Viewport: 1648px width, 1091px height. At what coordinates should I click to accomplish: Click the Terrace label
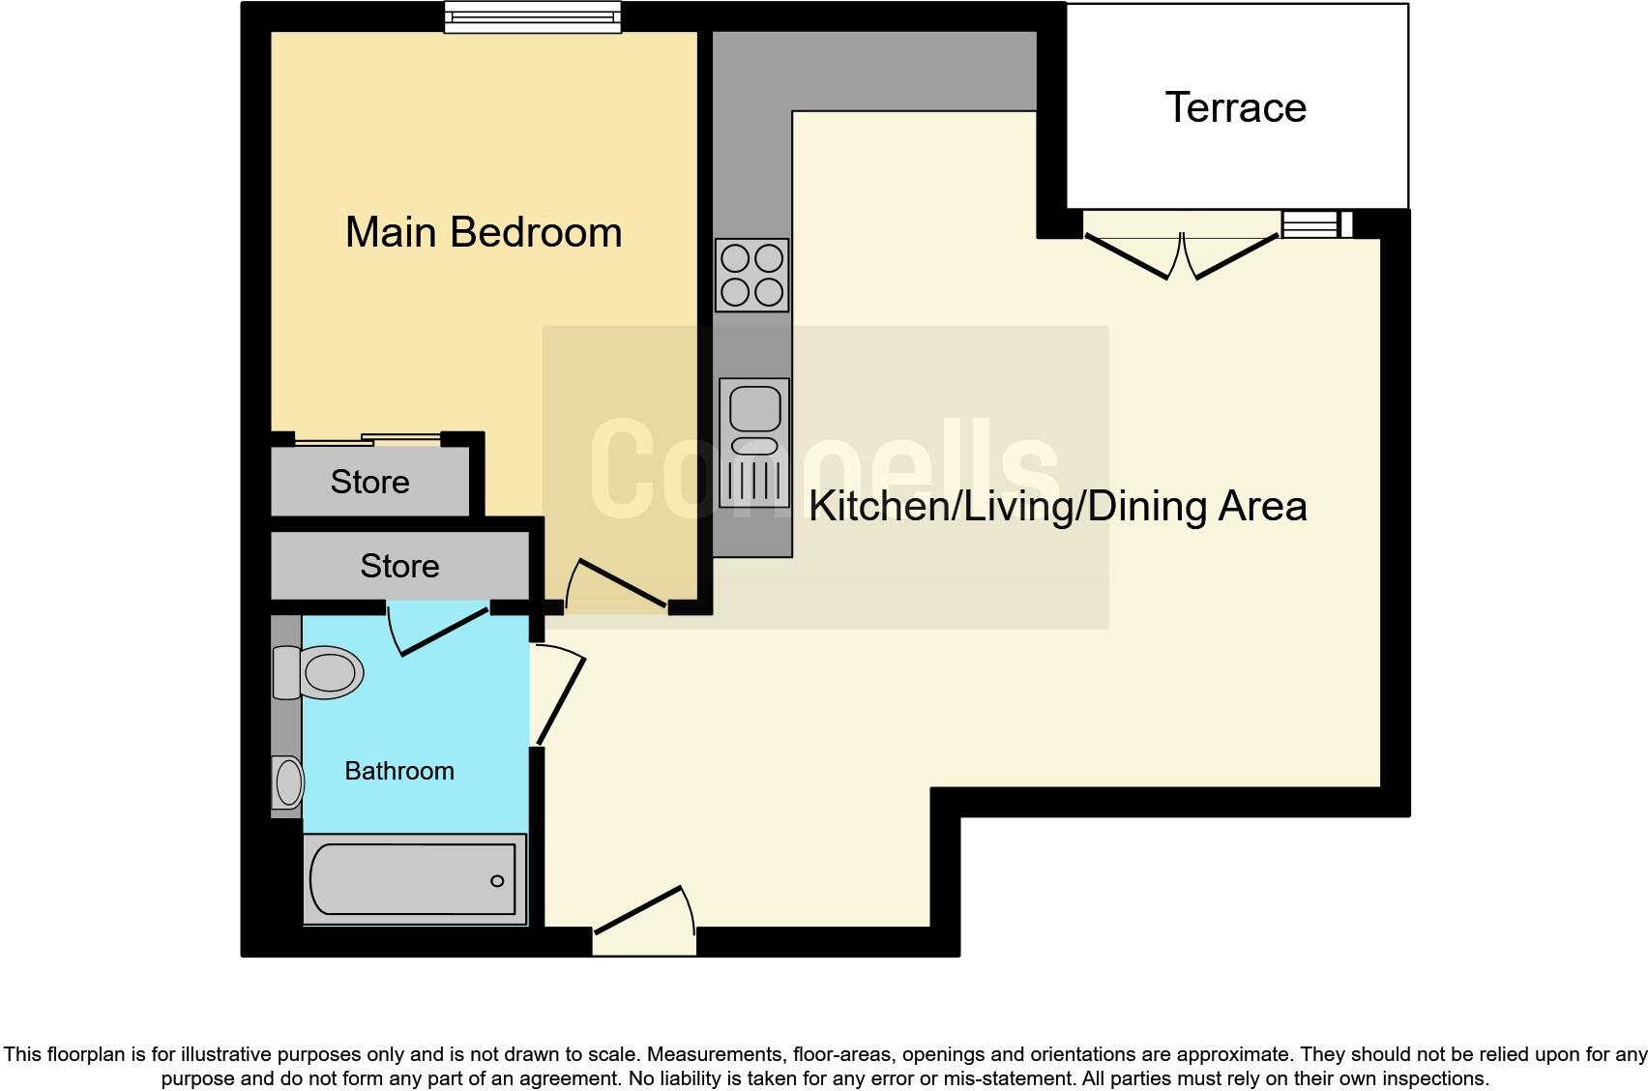click(x=1235, y=108)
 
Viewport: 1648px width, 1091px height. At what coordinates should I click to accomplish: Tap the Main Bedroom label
click(x=484, y=232)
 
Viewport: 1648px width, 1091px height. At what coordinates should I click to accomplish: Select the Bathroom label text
click(x=399, y=771)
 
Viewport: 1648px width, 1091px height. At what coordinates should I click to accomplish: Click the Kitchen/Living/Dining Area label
click(x=1058, y=507)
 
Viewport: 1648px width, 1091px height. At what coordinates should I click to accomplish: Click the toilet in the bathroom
click(x=318, y=672)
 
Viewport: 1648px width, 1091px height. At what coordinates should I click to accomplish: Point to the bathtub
click(x=414, y=879)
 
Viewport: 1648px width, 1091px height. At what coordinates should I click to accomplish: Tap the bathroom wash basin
click(x=287, y=783)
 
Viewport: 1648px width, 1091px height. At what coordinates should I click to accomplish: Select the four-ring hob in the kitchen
click(x=751, y=275)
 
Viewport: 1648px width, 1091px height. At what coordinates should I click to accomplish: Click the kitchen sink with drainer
click(x=754, y=443)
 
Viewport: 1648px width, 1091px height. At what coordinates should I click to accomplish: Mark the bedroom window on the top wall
click(x=533, y=17)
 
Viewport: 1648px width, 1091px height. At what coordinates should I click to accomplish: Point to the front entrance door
click(x=644, y=921)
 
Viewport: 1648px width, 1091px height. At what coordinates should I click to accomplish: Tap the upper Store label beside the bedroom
click(x=370, y=482)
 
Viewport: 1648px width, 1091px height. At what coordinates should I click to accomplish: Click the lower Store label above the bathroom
click(x=399, y=566)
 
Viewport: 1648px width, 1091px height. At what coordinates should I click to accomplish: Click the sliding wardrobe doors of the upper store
click(x=368, y=440)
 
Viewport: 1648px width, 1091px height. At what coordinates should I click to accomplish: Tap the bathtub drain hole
click(x=497, y=880)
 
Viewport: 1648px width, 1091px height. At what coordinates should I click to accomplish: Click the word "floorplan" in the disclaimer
click(x=87, y=1055)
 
